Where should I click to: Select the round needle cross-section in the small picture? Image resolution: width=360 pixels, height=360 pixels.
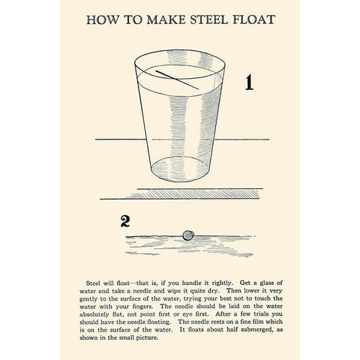point(189,234)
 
